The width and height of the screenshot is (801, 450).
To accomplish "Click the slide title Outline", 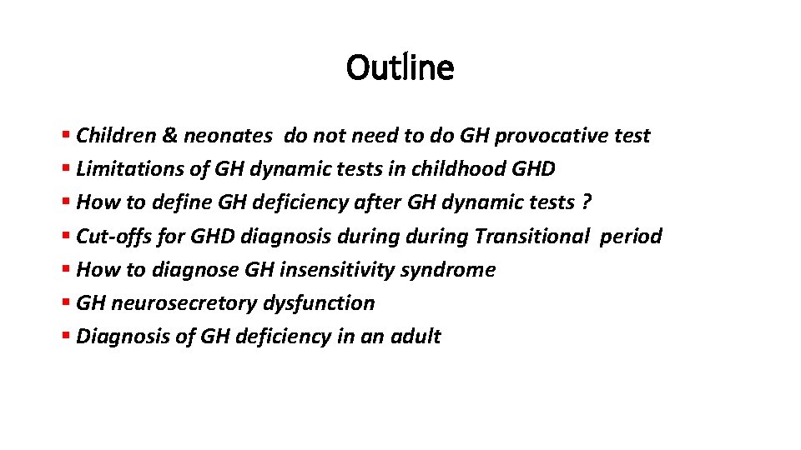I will pos(400,67).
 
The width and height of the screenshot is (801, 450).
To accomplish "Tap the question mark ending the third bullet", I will pos(588,202).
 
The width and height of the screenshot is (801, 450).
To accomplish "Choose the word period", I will pos(632,236).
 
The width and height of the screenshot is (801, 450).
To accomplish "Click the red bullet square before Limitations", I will pos(66,169).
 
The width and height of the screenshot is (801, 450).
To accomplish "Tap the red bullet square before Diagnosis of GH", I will pos(66,337).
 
